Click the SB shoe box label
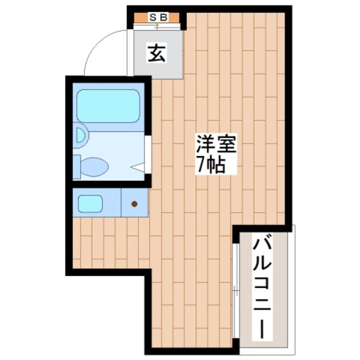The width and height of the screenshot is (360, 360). [157, 18]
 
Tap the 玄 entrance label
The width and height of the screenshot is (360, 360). [157, 54]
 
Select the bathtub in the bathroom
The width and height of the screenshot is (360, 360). [108, 106]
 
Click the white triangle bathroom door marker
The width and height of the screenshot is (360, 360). [138, 168]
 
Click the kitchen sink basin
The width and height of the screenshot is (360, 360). [91, 204]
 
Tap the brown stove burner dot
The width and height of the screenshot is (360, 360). [134, 204]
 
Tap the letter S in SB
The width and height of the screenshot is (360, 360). [153, 18]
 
